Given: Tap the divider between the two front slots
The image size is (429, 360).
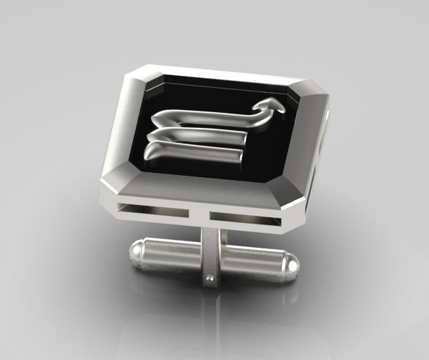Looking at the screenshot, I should [202, 213].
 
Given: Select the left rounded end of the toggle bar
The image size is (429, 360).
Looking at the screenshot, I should [137, 251].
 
